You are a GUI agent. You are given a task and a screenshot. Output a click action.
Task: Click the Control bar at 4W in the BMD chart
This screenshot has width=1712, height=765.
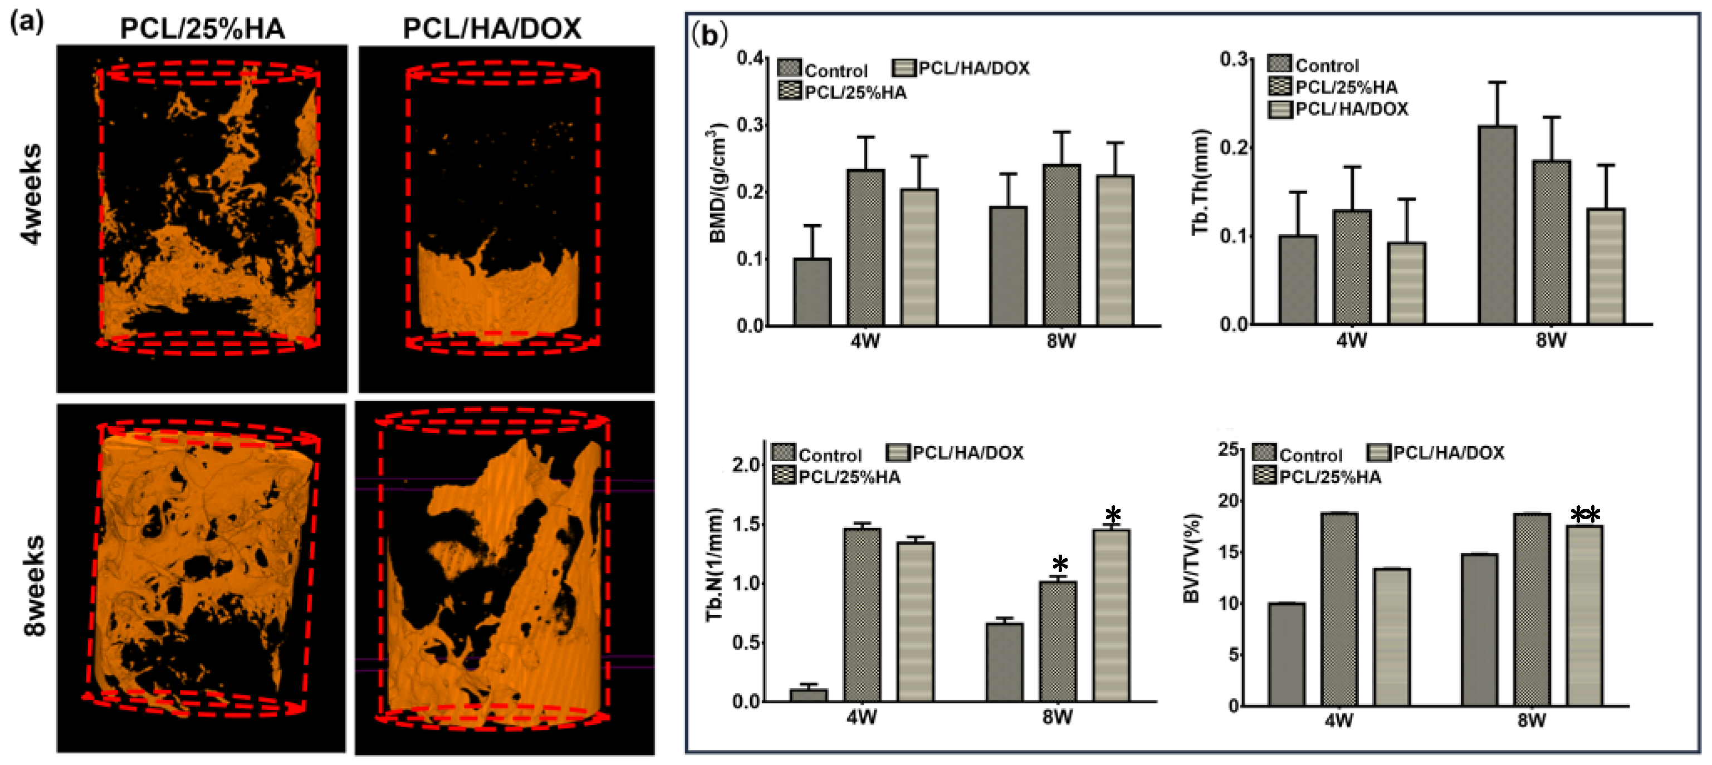click(x=812, y=292)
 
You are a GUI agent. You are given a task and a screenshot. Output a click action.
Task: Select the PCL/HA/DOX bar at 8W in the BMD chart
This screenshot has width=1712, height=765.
click(x=1114, y=250)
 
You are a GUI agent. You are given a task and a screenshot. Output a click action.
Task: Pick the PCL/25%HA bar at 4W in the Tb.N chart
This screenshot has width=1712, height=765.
click(x=862, y=614)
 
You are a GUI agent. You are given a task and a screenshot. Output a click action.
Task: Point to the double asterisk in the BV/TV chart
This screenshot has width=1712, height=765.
click(x=1585, y=515)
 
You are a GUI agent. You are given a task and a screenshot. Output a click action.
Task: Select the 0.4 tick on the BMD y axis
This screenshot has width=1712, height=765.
click(x=750, y=58)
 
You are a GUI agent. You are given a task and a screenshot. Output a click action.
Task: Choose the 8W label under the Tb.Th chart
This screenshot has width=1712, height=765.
click(x=1550, y=340)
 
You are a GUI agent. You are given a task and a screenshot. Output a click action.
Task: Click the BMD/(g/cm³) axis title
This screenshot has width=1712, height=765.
click(x=719, y=182)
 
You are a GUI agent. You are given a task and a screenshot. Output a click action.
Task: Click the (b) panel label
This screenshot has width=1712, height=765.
click(x=709, y=34)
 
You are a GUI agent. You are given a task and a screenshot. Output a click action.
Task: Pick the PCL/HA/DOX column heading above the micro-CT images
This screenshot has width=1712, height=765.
click(x=492, y=29)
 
